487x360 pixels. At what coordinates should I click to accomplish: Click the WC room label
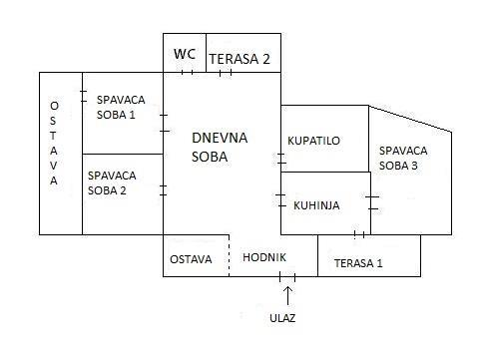[185, 54]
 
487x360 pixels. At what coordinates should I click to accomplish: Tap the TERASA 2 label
[240, 59]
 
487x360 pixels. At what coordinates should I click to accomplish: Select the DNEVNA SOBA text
[220, 147]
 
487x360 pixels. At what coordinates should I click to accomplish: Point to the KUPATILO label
[313, 141]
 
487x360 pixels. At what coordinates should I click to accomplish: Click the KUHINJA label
[316, 205]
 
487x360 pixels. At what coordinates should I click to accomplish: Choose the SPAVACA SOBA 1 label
[121, 107]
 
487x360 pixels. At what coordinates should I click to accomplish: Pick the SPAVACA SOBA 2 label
[112, 182]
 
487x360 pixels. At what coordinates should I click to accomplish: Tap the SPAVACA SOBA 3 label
[403, 158]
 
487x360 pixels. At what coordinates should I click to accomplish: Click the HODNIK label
[264, 257]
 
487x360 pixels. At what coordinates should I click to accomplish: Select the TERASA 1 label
[358, 263]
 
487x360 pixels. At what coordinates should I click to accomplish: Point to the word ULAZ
[282, 318]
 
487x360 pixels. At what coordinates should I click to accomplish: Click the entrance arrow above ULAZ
[287, 295]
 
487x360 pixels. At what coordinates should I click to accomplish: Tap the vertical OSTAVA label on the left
[54, 143]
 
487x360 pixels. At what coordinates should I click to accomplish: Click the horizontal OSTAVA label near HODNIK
[191, 259]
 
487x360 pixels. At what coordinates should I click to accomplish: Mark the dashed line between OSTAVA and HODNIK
[230, 255]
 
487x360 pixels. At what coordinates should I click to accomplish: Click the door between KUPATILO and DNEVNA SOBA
[281, 159]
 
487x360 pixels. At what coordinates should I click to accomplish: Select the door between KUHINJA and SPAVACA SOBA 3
[372, 202]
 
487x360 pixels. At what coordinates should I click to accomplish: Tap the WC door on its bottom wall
[187, 72]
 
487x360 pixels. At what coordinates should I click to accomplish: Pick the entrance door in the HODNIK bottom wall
[287, 276]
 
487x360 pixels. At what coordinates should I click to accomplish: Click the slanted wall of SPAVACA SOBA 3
[410, 119]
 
